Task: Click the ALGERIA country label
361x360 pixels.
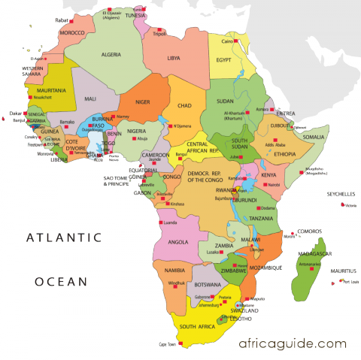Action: point(111,55)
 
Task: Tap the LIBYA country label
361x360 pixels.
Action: point(174,58)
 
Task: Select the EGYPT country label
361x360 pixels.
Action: point(224,59)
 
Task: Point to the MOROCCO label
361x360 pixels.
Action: point(72,33)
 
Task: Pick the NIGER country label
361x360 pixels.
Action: point(142,101)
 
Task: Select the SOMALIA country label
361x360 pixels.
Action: point(314,137)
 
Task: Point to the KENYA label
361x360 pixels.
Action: point(268,175)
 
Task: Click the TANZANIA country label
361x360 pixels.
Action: point(262,218)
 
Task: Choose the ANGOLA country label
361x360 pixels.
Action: point(177,242)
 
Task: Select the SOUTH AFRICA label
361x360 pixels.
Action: point(197,326)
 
